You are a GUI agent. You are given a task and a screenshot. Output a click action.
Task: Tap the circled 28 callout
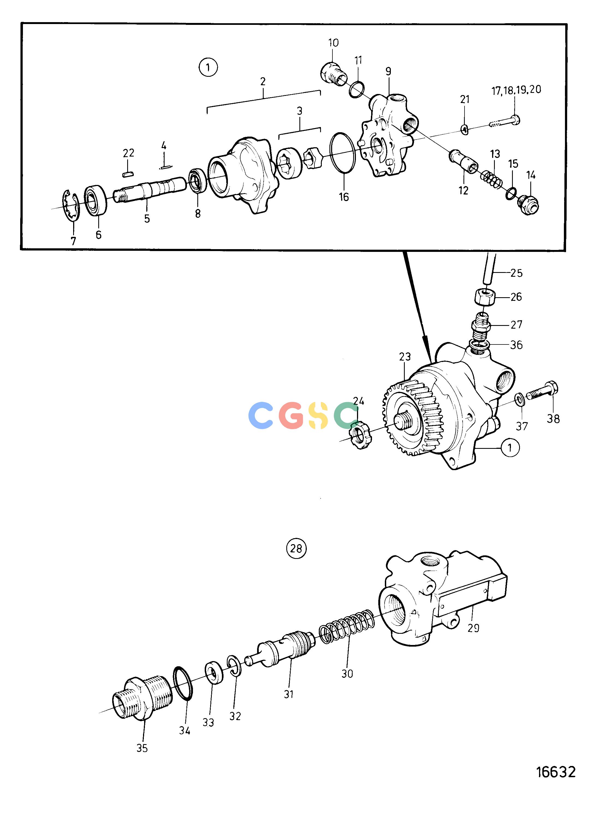click(x=296, y=548)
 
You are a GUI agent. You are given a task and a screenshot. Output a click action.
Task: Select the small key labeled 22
click(x=128, y=173)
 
